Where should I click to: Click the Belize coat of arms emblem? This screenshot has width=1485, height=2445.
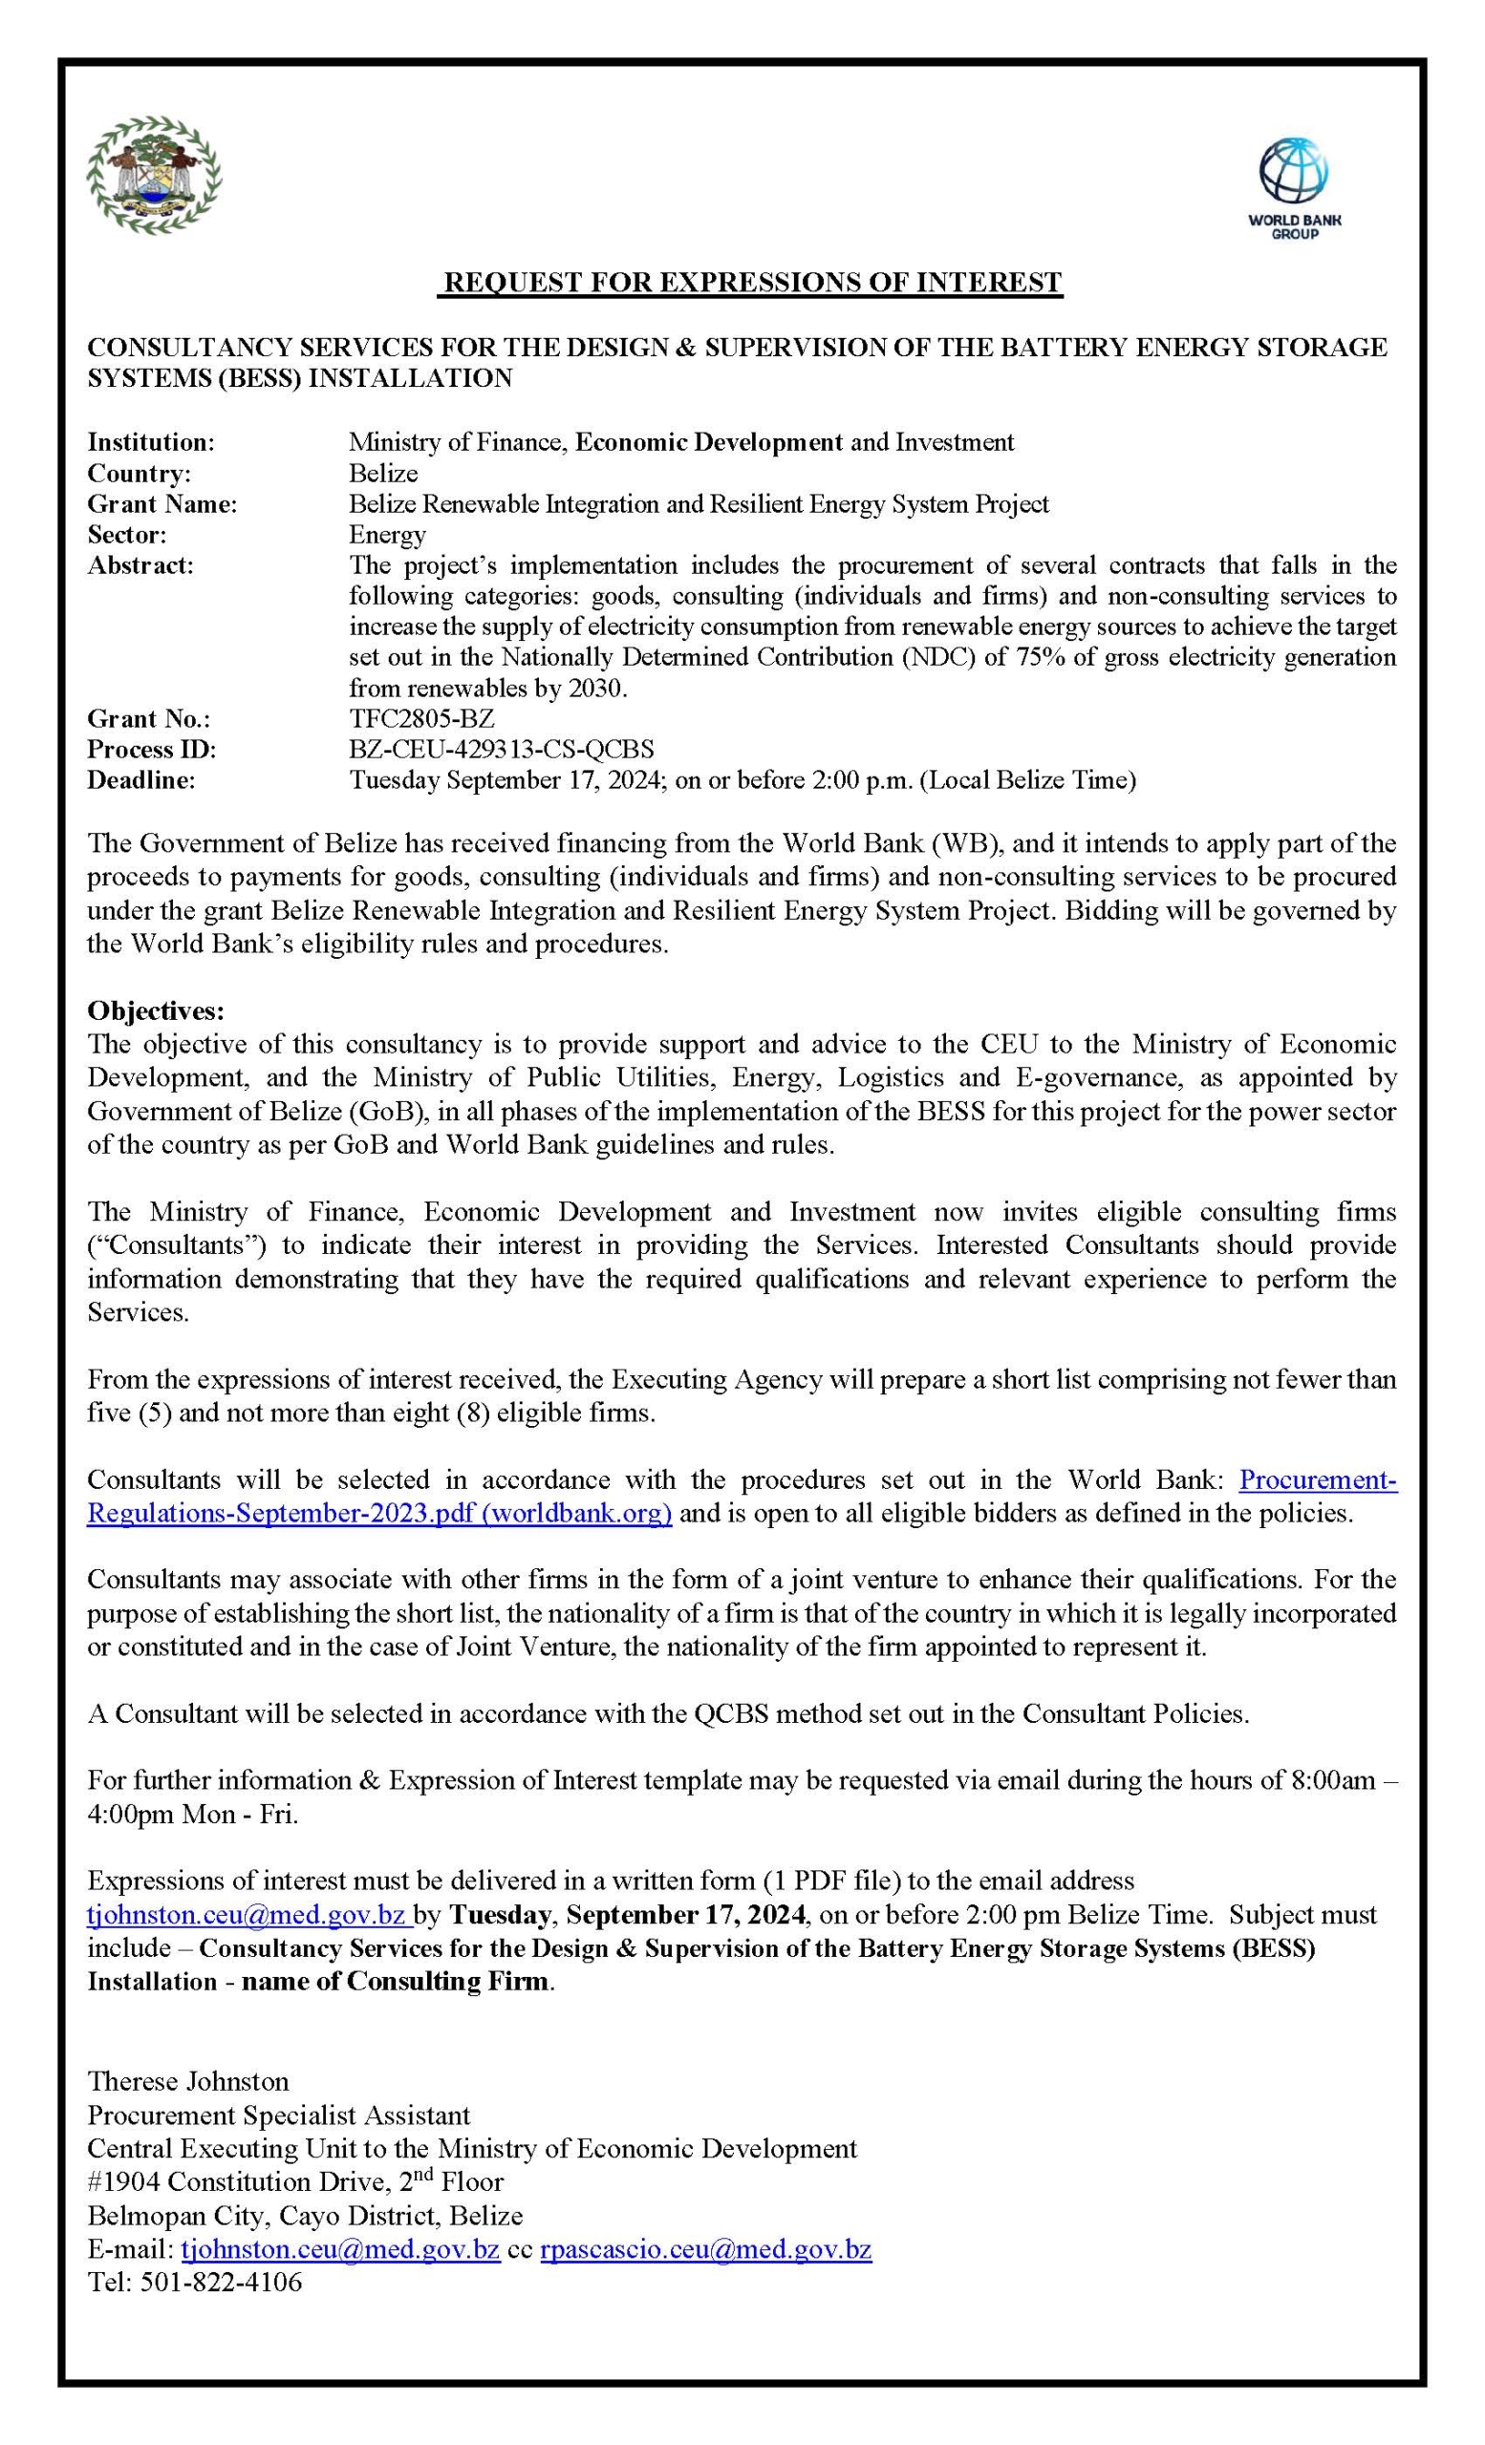154,176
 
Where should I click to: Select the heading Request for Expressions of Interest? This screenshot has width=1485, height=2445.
751,283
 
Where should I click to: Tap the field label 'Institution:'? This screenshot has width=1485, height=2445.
151,441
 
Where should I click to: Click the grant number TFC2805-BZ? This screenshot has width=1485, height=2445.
420,718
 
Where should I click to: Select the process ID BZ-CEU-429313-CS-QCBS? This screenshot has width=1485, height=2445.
501,749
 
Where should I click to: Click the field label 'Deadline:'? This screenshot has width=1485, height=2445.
141,780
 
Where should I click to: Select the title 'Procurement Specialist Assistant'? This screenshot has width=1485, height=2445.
279,2115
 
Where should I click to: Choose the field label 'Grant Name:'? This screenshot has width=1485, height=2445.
162,504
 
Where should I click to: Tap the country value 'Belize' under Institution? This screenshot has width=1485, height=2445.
383,473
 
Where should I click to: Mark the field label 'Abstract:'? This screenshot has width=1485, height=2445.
141,565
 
